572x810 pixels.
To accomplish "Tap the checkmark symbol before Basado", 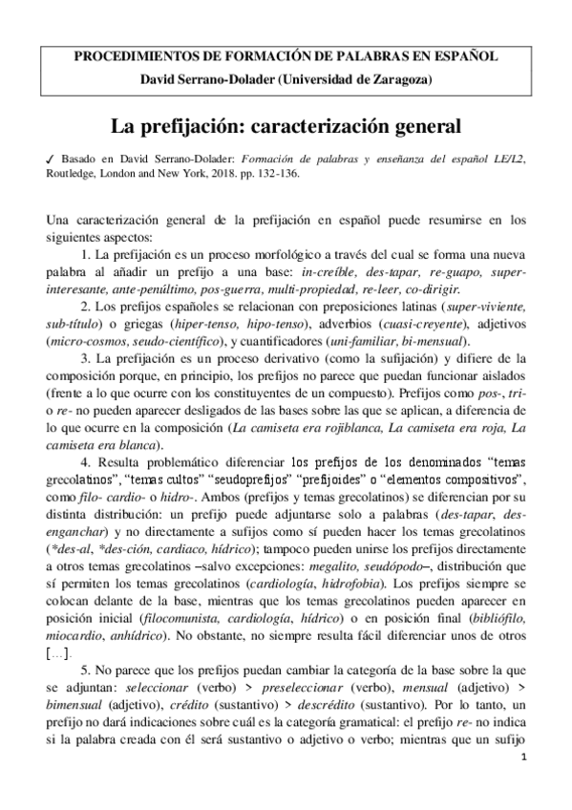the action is [50, 159].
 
